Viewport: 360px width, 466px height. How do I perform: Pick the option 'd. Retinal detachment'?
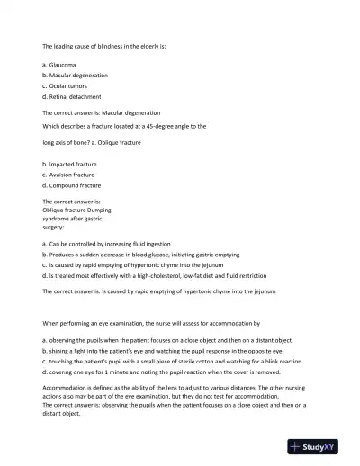71,96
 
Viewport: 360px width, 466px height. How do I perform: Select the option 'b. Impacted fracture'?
71,165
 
